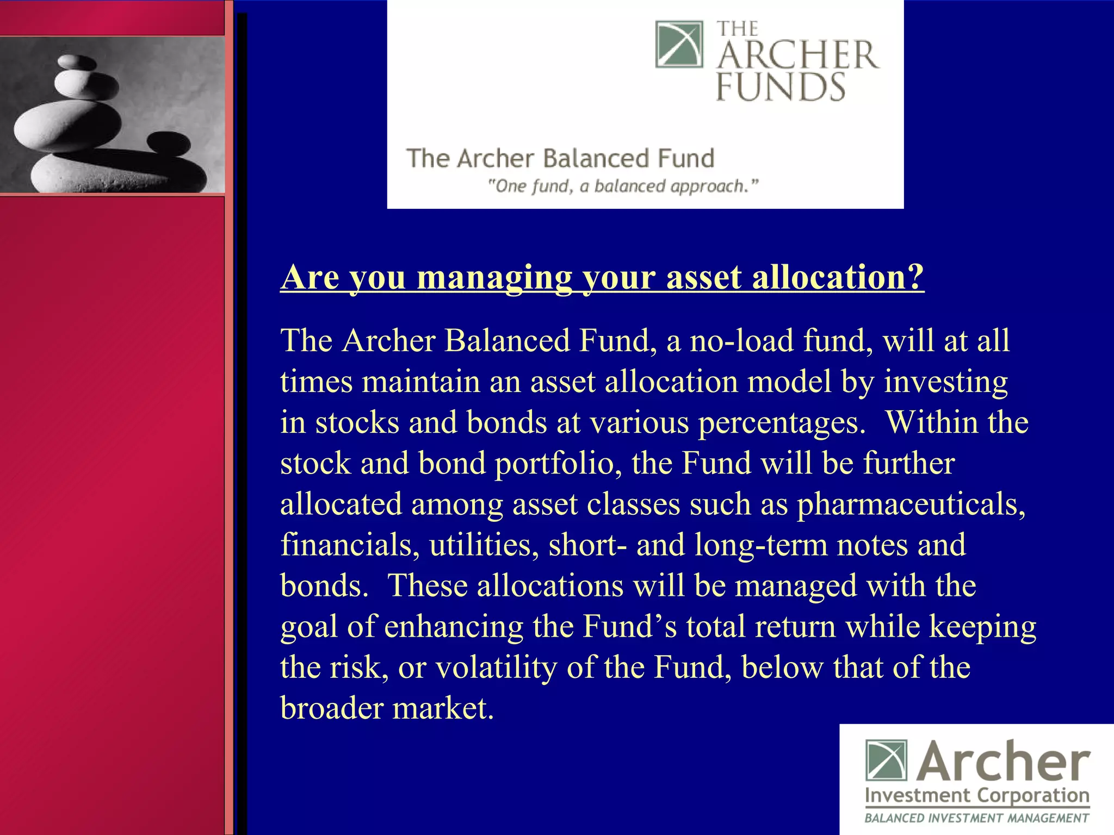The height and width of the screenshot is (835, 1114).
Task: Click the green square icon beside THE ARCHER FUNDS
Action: [679, 44]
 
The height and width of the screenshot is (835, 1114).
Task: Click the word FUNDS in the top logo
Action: [780, 87]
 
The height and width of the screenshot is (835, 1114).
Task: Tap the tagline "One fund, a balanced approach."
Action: [622, 186]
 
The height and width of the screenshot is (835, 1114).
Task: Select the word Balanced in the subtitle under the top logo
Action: [596, 158]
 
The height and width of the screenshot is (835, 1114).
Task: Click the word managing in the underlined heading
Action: [494, 277]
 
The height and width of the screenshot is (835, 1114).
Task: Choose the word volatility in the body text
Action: [496, 668]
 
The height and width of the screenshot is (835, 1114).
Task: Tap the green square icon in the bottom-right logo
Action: [886, 759]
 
